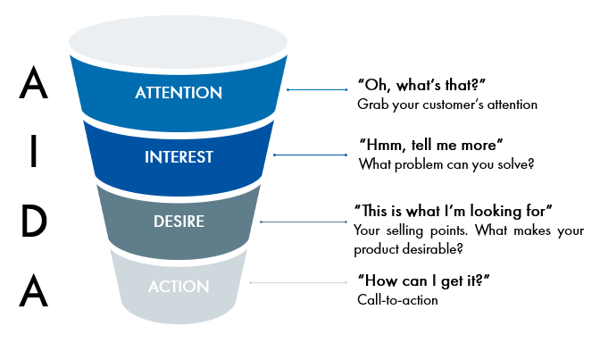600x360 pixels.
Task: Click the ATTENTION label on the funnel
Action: click(x=179, y=93)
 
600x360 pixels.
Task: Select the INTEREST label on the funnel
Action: click(x=179, y=157)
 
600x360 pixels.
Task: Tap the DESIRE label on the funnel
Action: click(x=179, y=222)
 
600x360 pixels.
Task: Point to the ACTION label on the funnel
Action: click(x=179, y=287)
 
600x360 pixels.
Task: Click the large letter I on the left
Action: click(x=34, y=151)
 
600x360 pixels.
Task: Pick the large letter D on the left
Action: click(x=34, y=221)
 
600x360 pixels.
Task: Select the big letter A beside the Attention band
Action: click(x=34, y=82)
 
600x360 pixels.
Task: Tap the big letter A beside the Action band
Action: click(x=34, y=290)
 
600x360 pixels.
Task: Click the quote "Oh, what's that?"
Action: click(x=421, y=85)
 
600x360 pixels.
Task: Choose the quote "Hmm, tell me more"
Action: click(x=431, y=145)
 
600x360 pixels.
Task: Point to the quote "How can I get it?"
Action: click(x=423, y=280)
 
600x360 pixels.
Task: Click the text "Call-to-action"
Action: click(x=397, y=300)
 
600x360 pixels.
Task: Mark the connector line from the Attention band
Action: click(x=317, y=89)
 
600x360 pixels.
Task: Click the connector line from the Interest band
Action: click(x=311, y=155)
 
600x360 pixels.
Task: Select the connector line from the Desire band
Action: click(x=304, y=222)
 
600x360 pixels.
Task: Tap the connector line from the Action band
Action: click(x=298, y=282)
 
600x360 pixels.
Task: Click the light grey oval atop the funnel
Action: click(x=179, y=42)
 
